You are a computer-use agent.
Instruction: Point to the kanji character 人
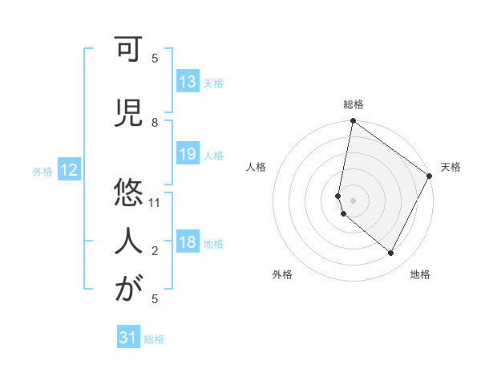pyautogui.click(x=128, y=240)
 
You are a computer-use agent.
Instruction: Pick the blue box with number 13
pyautogui.click(x=188, y=82)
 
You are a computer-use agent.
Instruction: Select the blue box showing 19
pyautogui.click(x=188, y=154)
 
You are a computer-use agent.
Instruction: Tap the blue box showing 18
pyautogui.click(x=188, y=243)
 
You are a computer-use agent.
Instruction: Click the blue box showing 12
pyautogui.click(x=68, y=170)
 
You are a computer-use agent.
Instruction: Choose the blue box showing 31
pyautogui.click(x=128, y=338)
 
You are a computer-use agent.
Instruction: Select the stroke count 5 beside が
pyautogui.click(x=155, y=298)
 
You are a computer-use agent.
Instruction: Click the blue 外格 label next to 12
pyautogui.click(x=42, y=171)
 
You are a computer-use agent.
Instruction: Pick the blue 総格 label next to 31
pyautogui.click(x=154, y=339)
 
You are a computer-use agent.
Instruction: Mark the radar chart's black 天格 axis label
pyautogui.click(x=451, y=167)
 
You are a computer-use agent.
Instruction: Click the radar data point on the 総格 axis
pyautogui.click(x=353, y=122)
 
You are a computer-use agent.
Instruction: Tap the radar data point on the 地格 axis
pyautogui.click(x=391, y=253)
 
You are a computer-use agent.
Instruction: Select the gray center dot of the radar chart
pyautogui.click(x=353, y=200)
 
